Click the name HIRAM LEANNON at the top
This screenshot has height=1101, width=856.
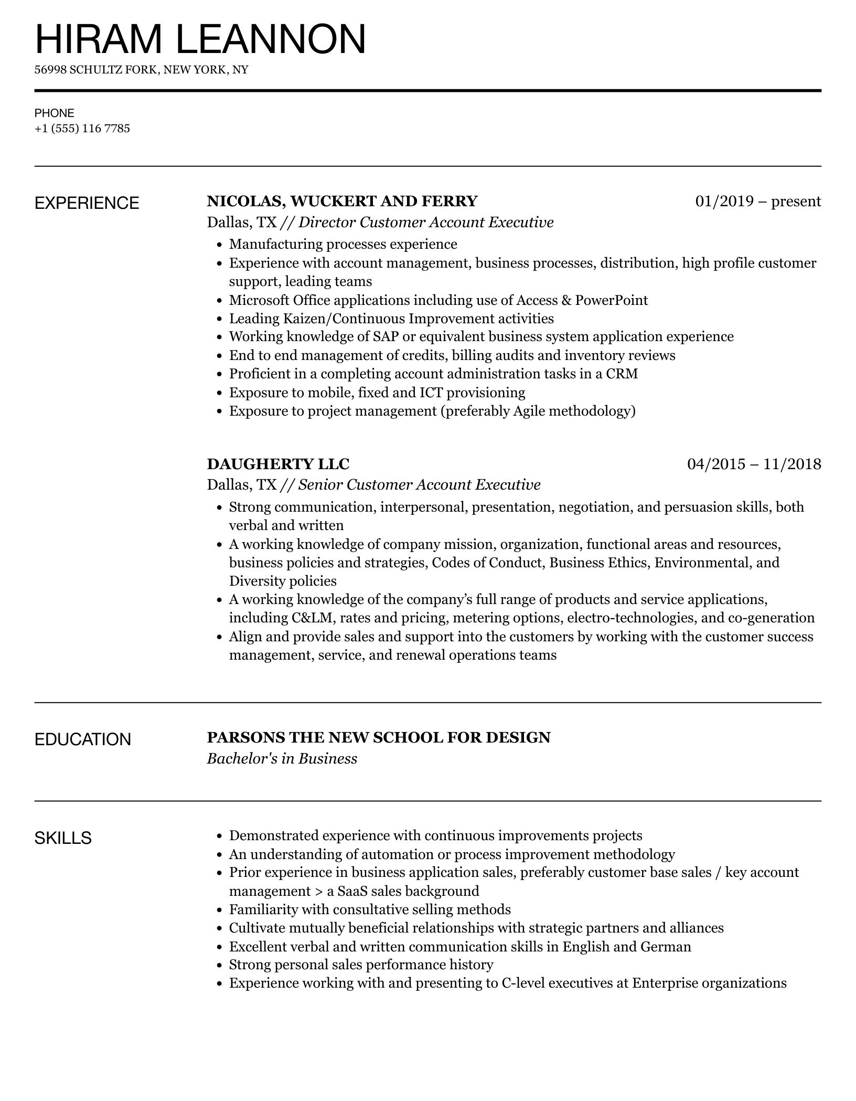tap(200, 39)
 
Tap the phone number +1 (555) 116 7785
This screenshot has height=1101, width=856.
tap(82, 129)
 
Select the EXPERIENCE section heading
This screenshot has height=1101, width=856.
tap(87, 203)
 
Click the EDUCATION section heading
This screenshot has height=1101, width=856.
tap(82, 739)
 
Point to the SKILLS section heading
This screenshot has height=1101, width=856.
tap(63, 838)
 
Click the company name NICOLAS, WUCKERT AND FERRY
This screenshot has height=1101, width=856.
tap(342, 201)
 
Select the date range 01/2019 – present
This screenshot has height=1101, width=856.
tap(758, 201)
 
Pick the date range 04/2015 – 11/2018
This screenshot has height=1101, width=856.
tap(754, 464)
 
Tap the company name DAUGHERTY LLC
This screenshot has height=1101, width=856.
tap(278, 464)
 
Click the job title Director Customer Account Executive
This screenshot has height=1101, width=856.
tap(426, 223)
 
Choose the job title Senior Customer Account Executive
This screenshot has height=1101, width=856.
tap(419, 485)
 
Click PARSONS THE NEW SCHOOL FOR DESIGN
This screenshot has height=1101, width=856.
tap(379, 737)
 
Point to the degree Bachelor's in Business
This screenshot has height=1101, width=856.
tap(282, 759)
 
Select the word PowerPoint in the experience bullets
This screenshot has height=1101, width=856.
tap(611, 300)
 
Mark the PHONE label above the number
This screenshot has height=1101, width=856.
tap(54, 113)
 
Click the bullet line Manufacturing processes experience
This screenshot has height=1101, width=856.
tap(343, 244)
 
